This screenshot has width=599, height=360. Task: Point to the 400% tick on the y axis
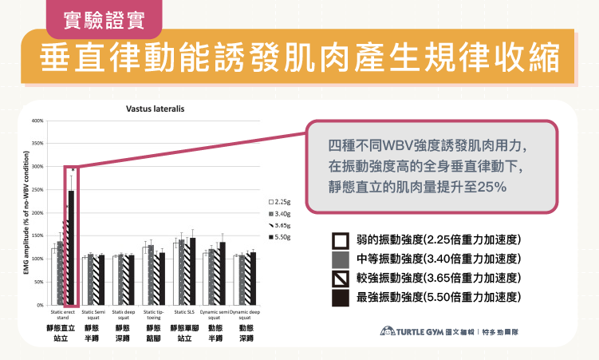(x=37, y=121)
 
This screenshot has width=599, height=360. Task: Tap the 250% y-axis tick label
(x=37, y=191)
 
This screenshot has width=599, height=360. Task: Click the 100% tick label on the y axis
(x=37, y=259)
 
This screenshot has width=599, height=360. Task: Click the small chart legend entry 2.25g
(x=282, y=203)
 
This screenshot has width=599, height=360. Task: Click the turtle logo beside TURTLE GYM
(x=388, y=331)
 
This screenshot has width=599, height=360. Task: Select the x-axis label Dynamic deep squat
(x=246, y=315)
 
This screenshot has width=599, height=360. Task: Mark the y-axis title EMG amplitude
(x=26, y=212)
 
